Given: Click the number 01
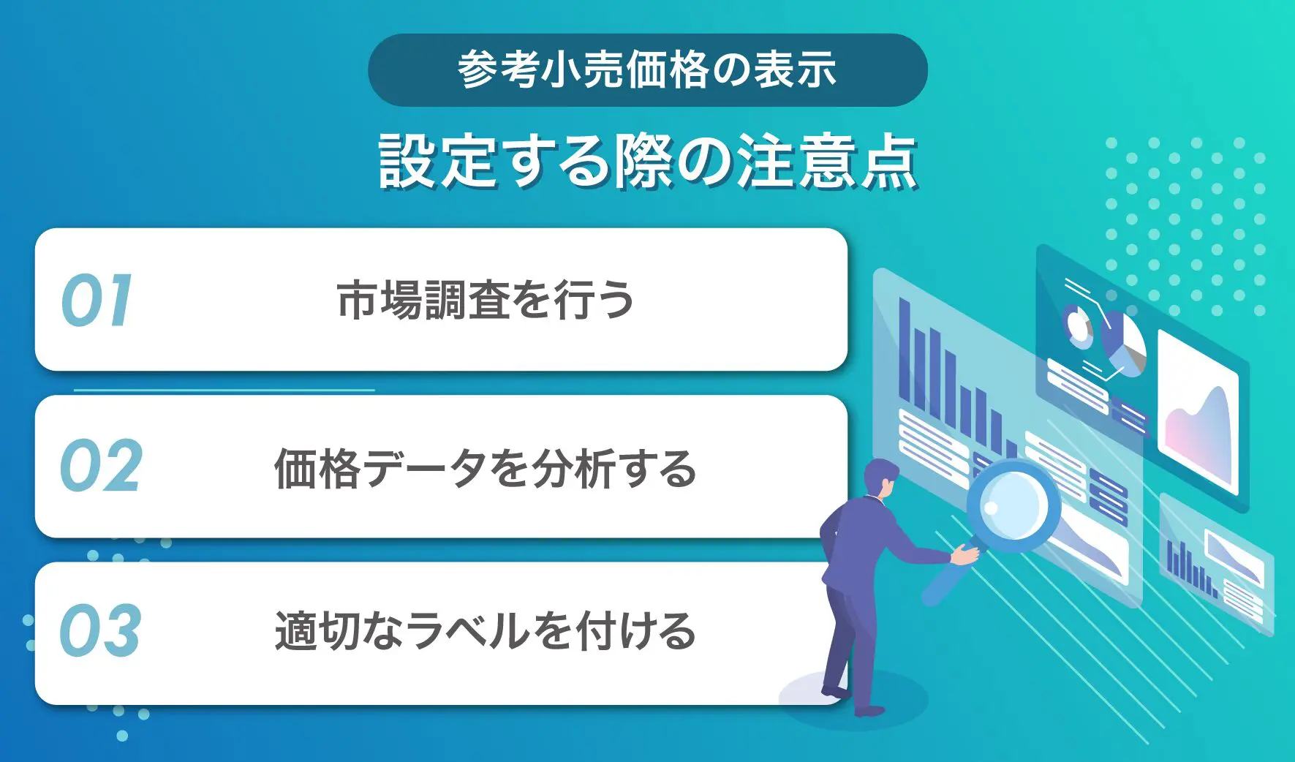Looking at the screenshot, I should point(97,301).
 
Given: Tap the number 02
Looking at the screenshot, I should point(101,466).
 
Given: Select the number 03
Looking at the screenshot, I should point(100,630).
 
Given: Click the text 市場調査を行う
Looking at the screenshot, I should point(485,300).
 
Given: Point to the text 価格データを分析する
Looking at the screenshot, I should point(485,468).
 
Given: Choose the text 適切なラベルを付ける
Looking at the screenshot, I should point(485,630).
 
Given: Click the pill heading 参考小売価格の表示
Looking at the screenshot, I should point(647,70).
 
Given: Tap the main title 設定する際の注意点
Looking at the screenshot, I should point(647,162).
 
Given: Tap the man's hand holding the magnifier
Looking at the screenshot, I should point(965,556).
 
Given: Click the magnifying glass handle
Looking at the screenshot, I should point(943,578).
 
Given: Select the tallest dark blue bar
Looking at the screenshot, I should point(905,351).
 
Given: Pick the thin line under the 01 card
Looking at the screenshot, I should point(224,390).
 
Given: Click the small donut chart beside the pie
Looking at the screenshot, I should point(1078,325).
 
